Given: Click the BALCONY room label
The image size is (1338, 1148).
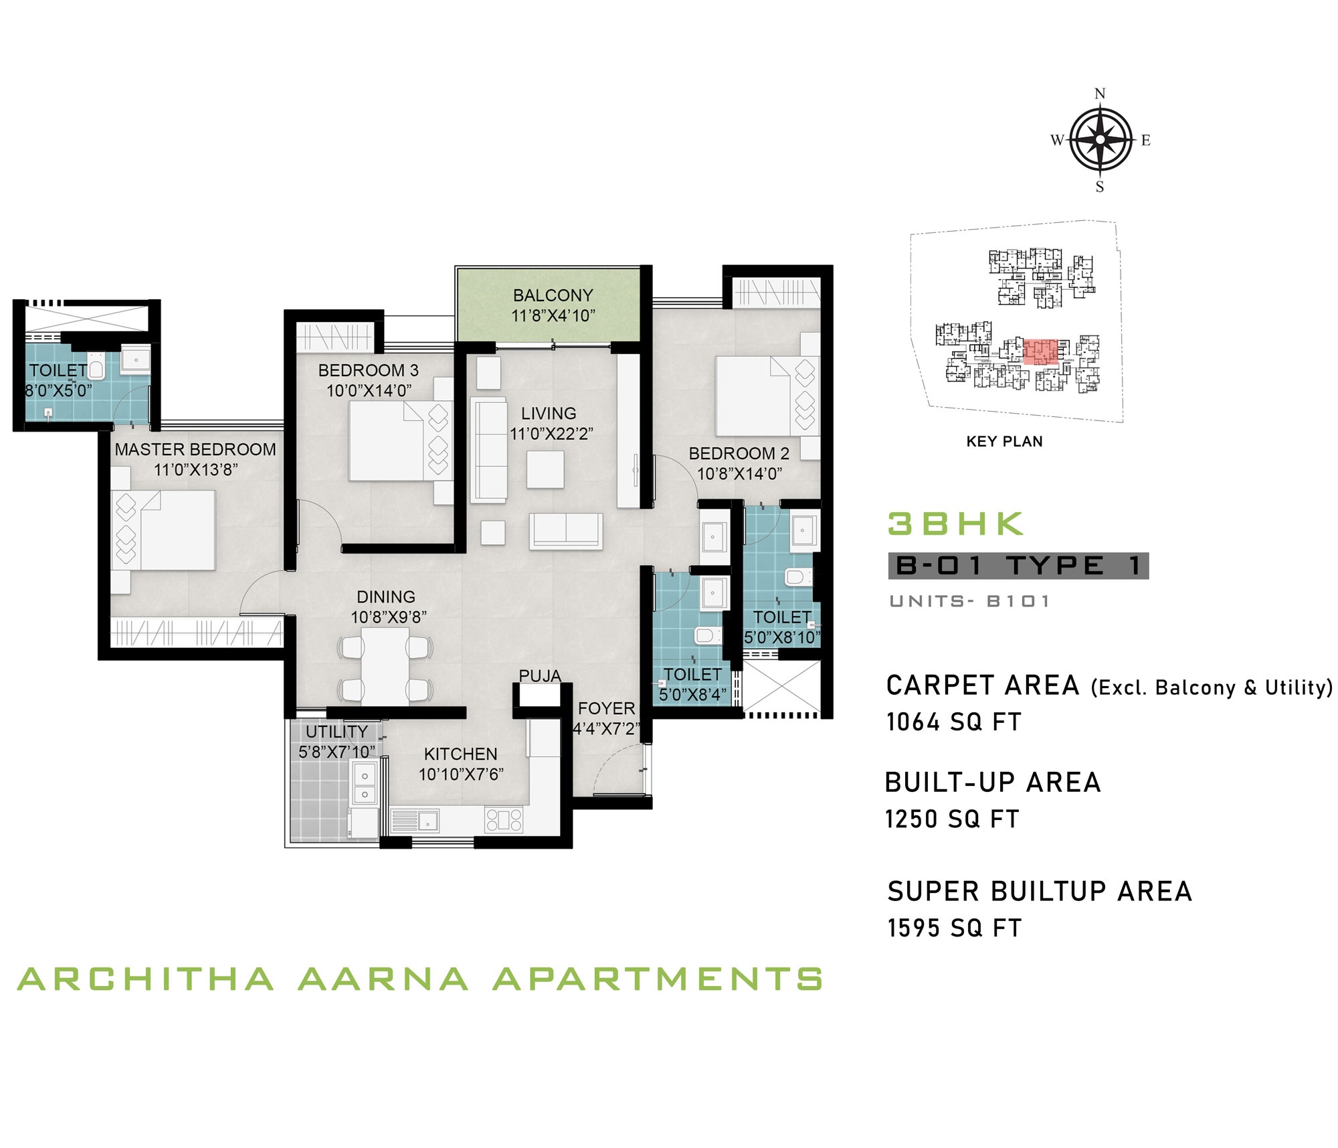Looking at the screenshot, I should coord(553,295).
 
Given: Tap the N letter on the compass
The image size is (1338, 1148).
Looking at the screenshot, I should coord(1100,94).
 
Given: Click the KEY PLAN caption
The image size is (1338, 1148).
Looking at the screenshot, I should coord(1004,442).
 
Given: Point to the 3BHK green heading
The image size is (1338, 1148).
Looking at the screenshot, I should coord(955,524).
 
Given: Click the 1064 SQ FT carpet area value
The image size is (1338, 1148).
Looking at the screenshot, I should coord(954,722).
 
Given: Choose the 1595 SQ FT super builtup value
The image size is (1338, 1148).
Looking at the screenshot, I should coord(955,928).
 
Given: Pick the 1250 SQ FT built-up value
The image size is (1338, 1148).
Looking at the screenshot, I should coord(952,819).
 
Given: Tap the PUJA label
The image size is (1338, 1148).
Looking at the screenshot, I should coord(540,676).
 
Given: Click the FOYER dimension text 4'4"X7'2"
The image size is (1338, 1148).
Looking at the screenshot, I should coord(606,729).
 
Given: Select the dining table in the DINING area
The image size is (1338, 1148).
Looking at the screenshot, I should coord(385,667).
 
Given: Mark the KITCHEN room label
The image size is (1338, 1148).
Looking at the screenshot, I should coord(460,754).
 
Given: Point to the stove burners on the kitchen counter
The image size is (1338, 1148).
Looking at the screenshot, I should coord(504,820).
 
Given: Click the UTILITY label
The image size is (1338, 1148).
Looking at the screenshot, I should coord(337,732).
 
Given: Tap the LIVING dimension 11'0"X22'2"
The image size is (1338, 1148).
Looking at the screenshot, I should coord(551,434).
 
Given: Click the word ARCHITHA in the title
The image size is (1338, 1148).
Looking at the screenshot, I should coord(146,979).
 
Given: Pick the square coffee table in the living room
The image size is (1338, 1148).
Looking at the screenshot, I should coord(545,469).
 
